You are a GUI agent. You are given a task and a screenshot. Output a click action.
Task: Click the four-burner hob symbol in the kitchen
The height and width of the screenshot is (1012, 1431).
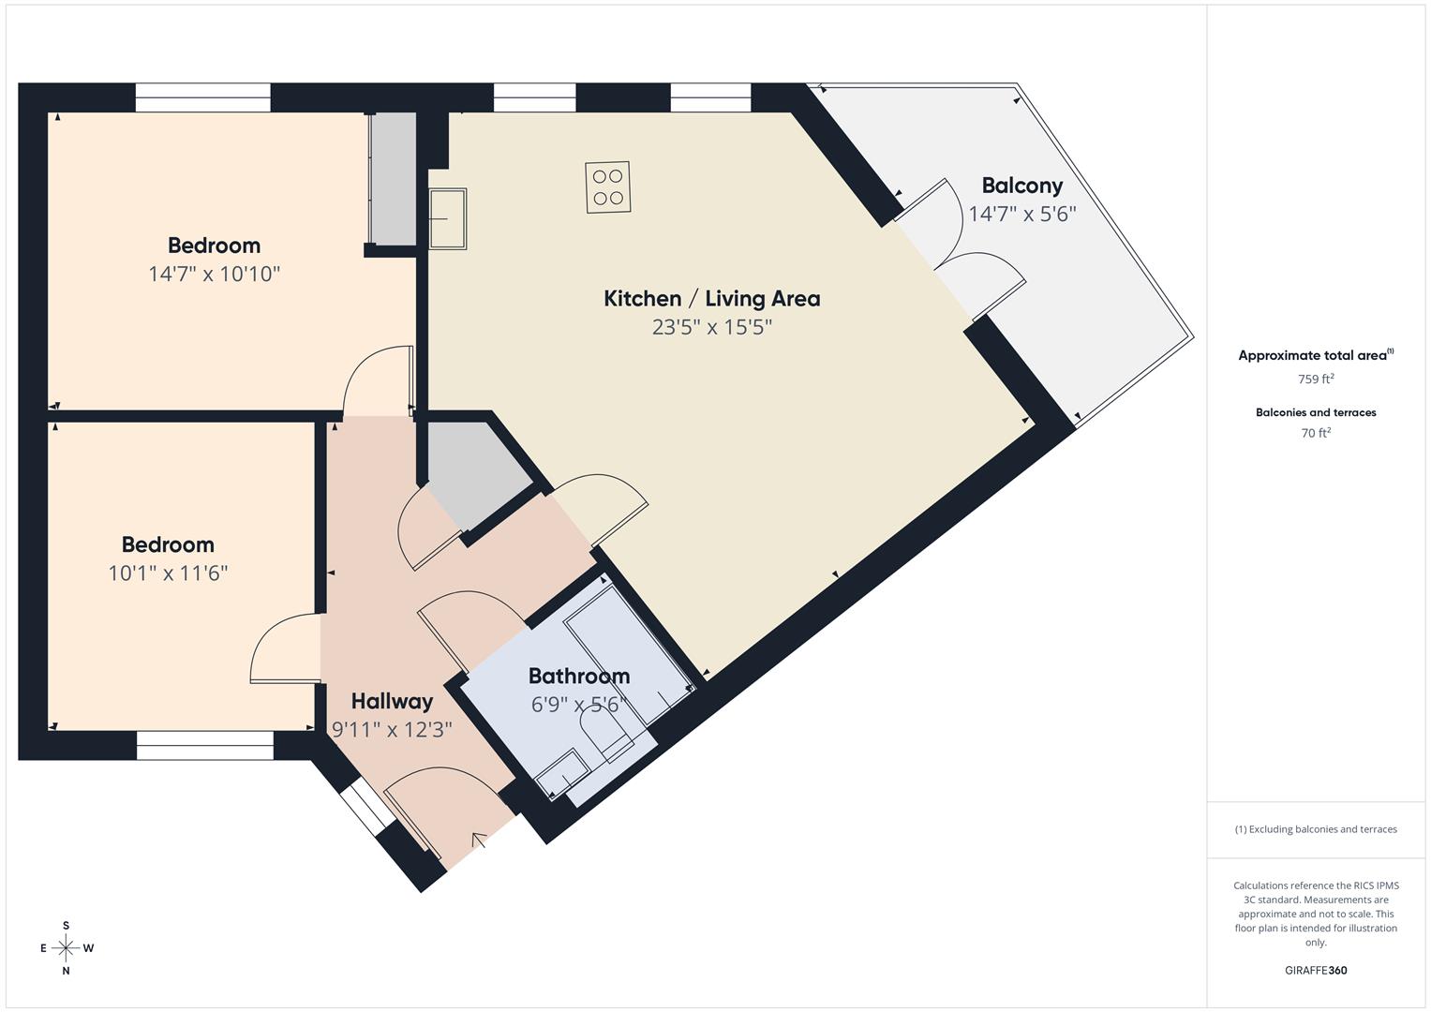pyautogui.click(x=607, y=186)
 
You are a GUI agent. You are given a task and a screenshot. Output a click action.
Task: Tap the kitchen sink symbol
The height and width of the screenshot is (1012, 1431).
pyautogui.click(x=448, y=218)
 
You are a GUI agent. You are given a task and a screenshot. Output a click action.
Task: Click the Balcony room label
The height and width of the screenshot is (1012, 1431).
pyautogui.click(x=1021, y=186)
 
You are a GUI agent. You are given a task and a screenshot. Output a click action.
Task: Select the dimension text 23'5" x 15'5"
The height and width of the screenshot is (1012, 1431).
pyautogui.click(x=711, y=327)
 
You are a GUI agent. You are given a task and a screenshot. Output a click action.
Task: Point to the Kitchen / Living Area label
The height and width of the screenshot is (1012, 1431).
pyautogui.click(x=711, y=299)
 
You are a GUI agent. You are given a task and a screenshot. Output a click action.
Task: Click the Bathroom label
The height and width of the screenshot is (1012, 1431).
pyautogui.click(x=578, y=676)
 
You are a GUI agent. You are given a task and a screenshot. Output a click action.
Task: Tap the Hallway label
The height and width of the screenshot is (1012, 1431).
pyautogui.click(x=392, y=701)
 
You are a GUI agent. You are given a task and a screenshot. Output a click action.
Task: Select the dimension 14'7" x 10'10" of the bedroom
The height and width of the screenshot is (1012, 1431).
pyautogui.click(x=214, y=274)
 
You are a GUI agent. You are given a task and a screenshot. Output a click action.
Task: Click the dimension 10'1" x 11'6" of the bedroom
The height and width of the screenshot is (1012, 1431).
pyautogui.click(x=168, y=573)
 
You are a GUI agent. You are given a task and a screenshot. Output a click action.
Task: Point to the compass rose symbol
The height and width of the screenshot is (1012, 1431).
pyautogui.click(x=66, y=948)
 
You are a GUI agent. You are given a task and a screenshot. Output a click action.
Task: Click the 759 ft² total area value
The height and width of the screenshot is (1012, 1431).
pyautogui.click(x=1315, y=379)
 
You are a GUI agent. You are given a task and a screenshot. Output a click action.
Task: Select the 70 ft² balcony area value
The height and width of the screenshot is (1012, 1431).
pyautogui.click(x=1315, y=433)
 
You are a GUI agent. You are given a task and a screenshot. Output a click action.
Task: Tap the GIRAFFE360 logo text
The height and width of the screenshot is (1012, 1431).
pyautogui.click(x=1315, y=970)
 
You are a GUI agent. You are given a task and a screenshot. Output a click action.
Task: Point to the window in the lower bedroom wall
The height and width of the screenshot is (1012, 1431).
pyautogui.click(x=204, y=746)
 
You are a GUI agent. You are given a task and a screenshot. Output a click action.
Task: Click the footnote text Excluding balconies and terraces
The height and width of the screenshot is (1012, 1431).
pyautogui.click(x=1315, y=829)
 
